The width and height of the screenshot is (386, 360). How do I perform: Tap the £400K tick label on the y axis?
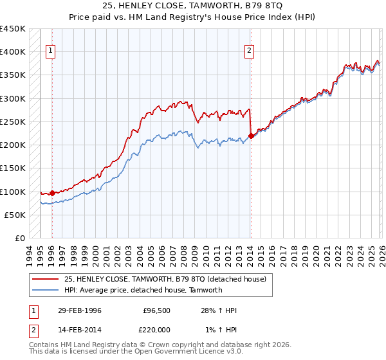pos(12,52)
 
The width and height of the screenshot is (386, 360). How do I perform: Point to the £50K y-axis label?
pos(14,215)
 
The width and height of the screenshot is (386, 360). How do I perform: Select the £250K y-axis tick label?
pos(12,122)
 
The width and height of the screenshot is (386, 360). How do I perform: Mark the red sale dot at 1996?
pos(52,193)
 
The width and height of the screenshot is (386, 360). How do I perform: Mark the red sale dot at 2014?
pos(251,136)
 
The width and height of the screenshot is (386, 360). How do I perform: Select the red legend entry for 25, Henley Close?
pos(169,278)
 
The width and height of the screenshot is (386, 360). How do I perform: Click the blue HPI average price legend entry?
pos(143,290)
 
